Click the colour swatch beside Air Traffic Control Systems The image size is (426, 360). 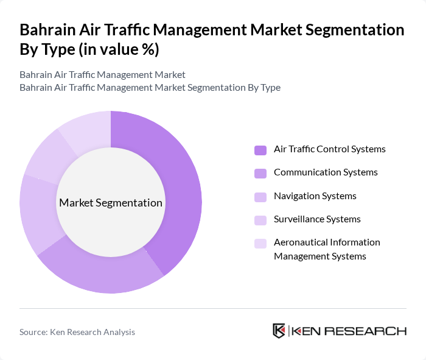(x=260, y=150)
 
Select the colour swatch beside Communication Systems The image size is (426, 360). (x=260, y=173)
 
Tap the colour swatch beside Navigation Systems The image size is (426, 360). (x=260, y=197)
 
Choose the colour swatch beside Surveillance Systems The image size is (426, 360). (x=260, y=220)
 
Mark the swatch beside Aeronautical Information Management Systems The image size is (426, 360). (x=260, y=243)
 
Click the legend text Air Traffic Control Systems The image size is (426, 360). (x=329, y=149)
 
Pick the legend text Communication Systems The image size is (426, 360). (x=326, y=172)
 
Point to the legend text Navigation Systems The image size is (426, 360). (x=315, y=196)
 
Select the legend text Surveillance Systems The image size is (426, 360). (x=317, y=219)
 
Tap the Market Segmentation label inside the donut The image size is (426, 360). (x=111, y=203)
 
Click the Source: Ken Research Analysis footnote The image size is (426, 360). (x=77, y=332)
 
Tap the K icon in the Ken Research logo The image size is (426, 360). (x=279, y=331)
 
